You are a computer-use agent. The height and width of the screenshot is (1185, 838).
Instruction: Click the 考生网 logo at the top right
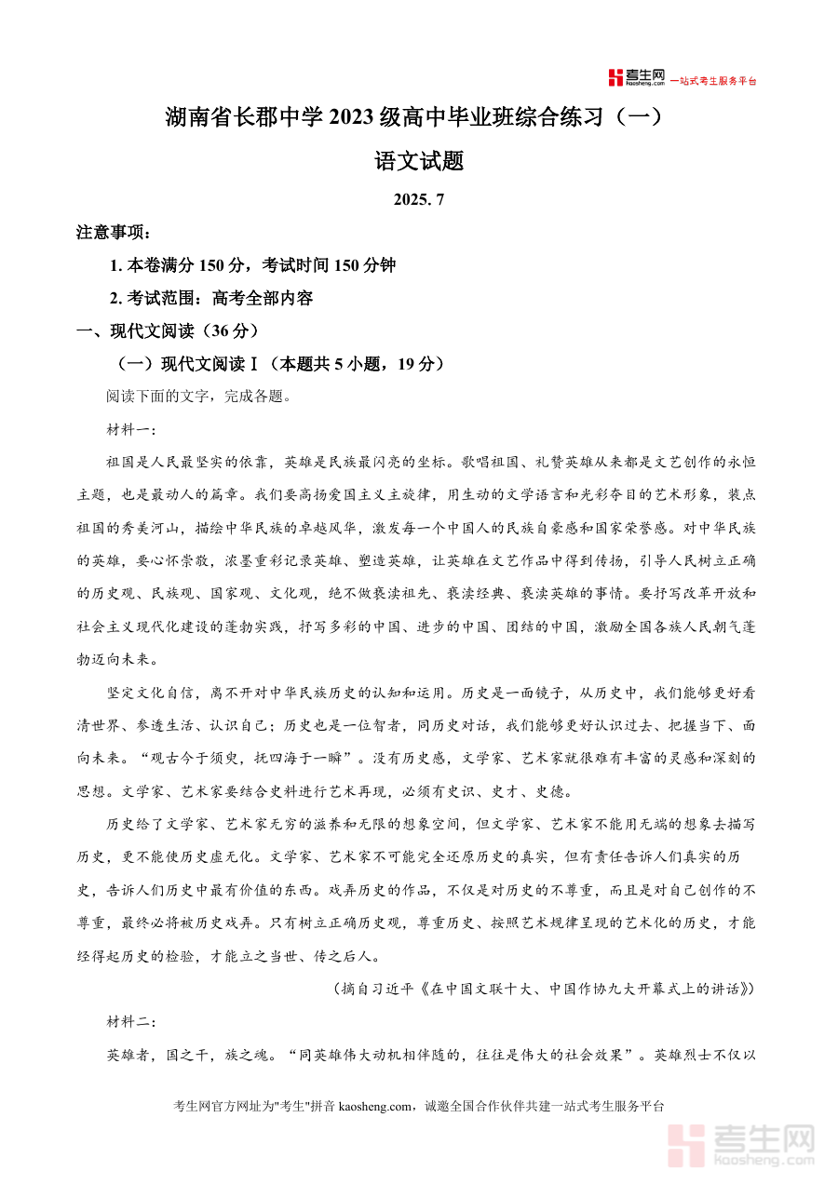[x=637, y=78]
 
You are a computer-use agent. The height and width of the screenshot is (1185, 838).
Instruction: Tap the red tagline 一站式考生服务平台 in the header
[x=714, y=81]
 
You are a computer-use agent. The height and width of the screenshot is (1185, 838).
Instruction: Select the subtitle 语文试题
[x=418, y=161]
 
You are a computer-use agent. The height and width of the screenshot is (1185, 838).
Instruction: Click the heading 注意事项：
[x=114, y=233]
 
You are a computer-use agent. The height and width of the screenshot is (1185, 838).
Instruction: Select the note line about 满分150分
[x=252, y=265]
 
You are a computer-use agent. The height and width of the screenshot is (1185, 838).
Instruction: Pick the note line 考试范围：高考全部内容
[x=211, y=298]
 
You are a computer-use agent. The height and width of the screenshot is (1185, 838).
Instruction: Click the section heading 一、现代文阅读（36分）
[x=168, y=330]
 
